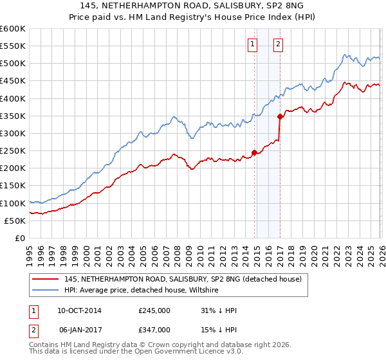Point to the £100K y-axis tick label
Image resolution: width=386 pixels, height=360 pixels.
13,203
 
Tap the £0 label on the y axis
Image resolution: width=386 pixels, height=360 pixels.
19,239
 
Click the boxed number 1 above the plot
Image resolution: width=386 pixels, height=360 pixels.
252,44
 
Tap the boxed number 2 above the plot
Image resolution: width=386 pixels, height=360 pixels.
277,44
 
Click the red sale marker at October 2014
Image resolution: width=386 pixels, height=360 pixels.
254,152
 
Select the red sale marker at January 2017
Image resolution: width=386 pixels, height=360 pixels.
280,117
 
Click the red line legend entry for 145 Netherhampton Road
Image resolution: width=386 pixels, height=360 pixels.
187,279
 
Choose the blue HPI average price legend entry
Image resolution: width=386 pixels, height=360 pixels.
142,290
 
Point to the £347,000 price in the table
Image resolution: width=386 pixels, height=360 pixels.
154,329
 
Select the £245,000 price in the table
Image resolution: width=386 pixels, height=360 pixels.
154,310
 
